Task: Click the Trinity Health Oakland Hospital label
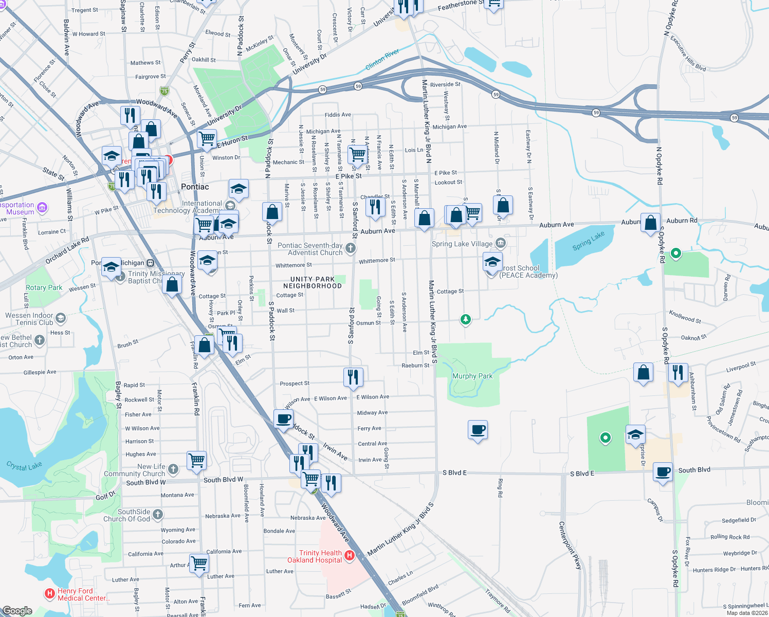click(315, 556)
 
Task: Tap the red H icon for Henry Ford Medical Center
click(50, 594)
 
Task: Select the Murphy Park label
click(472, 376)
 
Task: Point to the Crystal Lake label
click(24, 466)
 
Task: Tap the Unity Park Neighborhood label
click(313, 283)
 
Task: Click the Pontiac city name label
click(195, 187)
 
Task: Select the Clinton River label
click(382, 60)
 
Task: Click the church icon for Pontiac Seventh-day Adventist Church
click(351, 249)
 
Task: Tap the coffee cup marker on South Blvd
click(663, 471)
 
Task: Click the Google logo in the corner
click(17, 611)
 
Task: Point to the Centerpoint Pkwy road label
click(570, 546)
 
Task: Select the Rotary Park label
click(44, 288)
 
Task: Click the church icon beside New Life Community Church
click(173, 469)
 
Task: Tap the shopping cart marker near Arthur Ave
click(199, 562)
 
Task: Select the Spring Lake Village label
click(462, 244)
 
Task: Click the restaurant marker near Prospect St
click(353, 377)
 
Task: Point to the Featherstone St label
click(461, 5)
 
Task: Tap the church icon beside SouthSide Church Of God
click(158, 514)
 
